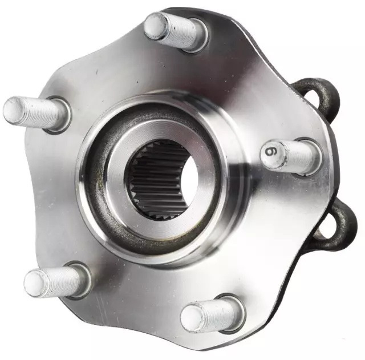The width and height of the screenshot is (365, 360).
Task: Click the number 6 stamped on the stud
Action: (x=273, y=153)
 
